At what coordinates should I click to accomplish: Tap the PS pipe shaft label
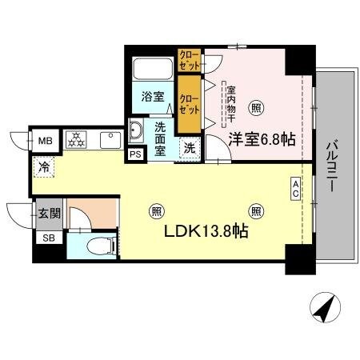pyautogui.click(x=135, y=154)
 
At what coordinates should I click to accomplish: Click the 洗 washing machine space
pyautogui.click(x=190, y=147)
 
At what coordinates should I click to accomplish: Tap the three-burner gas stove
pyautogui.click(x=77, y=140)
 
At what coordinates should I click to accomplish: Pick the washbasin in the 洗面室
pyautogui.click(x=136, y=130)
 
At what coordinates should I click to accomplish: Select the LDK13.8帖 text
pyautogui.click(x=206, y=233)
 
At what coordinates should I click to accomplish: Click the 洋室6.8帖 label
pyautogui.click(x=262, y=139)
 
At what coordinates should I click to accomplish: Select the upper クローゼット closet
pyautogui.click(x=189, y=60)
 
